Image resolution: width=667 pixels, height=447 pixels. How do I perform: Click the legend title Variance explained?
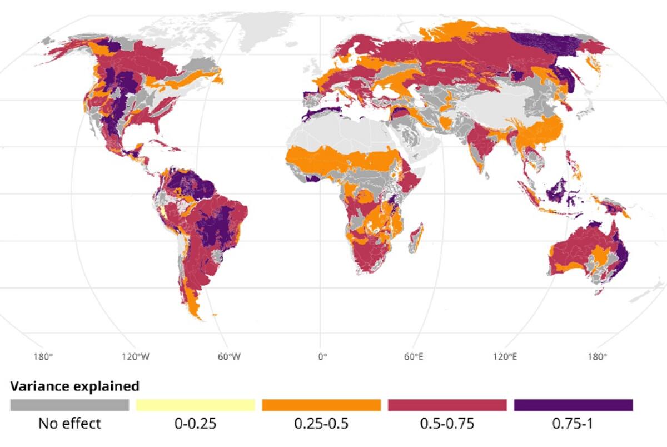point(75,385)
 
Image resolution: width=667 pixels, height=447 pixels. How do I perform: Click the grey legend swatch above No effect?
point(69,405)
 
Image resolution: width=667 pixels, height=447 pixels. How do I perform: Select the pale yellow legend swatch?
point(195,405)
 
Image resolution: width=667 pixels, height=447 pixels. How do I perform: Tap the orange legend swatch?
point(321,405)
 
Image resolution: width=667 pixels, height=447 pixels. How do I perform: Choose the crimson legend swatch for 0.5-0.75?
point(447,405)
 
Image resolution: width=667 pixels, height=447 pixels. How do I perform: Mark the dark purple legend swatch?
point(573,405)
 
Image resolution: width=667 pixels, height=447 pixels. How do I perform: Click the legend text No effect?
point(69,424)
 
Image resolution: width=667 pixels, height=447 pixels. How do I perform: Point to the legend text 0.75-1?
point(573,424)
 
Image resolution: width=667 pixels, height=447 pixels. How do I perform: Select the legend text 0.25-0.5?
point(321,424)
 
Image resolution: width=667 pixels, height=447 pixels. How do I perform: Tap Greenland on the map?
point(261,25)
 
